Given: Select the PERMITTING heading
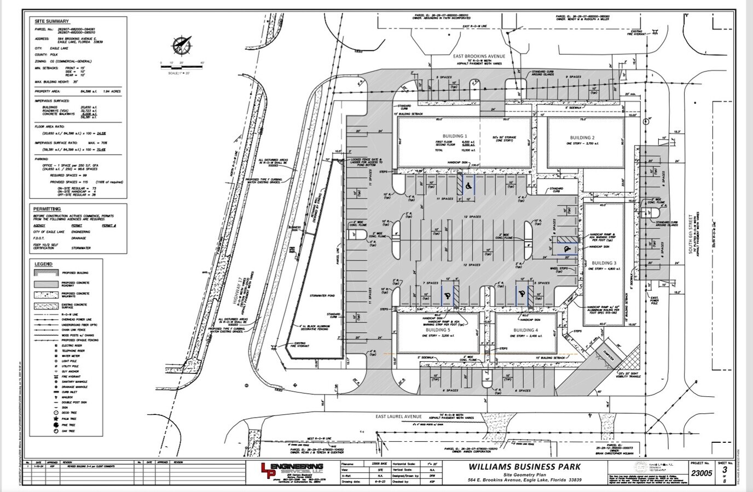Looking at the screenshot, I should tap(47, 209).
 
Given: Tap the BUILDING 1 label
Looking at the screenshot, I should tap(455, 136).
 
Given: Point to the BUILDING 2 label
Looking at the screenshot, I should tap(582, 138).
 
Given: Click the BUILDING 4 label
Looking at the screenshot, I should tap(525, 330).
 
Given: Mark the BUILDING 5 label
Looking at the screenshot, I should tap(438, 330).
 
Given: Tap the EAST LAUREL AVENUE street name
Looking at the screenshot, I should tap(398, 417).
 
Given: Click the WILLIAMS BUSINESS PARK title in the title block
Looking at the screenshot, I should tap(524, 467).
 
